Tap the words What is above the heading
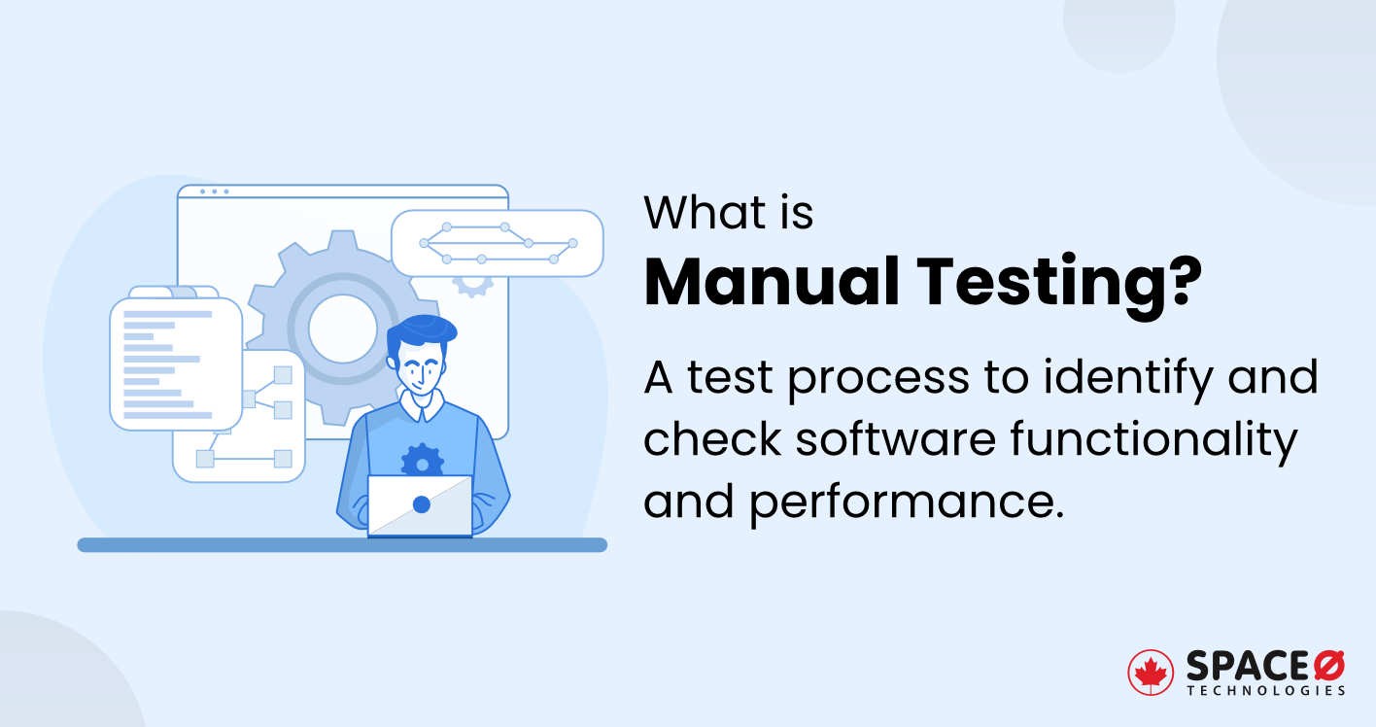click(729, 213)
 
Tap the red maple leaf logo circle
click(1151, 673)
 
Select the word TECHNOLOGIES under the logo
click(1265, 691)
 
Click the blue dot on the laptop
click(421, 505)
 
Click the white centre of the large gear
click(342, 329)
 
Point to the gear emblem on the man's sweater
click(422, 460)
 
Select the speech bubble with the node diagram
click(497, 243)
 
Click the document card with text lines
click(175, 363)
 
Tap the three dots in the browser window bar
click(214, 191)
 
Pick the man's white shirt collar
click(421, 405)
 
